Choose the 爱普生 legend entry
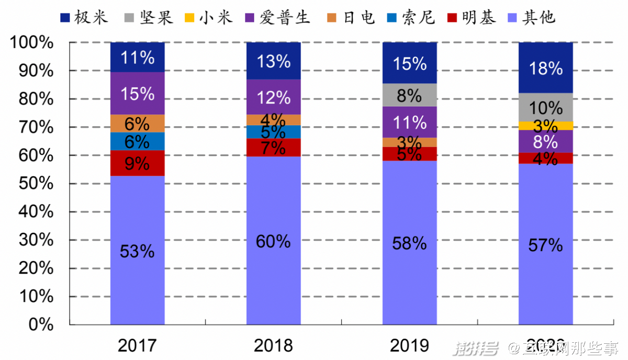tap(277, 18)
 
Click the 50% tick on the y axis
tap(32, 184)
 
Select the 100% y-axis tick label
tap(32, 42)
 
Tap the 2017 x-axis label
tap(137, 345)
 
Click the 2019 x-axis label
tap(409, 345)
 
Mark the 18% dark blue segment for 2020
tap(545, 68)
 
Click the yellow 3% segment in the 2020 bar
tap(545, 126)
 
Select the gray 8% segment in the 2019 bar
tap(409, 95)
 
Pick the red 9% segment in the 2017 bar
tap(137, 163)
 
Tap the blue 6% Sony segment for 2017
tap(137, 141)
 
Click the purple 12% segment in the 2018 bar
tap(273, 97)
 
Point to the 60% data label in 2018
tap(273, 241)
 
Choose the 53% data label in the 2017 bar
tap(137, 251)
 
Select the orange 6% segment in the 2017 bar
tap(137, 123)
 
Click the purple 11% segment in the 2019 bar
tap(409, 122)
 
